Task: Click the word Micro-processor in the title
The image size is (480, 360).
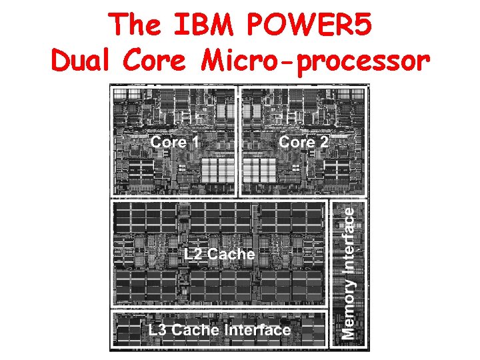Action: coord(313,61)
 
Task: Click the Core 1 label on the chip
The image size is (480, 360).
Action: coord(175,142)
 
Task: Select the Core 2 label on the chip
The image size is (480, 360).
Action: coord(303,142)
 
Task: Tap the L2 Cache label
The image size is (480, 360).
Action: coord(219,254)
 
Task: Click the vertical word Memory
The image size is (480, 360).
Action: coord(348,307)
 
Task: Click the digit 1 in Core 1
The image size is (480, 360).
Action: coord(195,142)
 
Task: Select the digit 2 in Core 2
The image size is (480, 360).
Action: coord(323,142)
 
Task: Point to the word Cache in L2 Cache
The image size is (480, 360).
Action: coord(231,254)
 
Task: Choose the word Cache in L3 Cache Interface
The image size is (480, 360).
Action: coord(198,330)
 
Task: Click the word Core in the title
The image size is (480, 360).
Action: coord(159,61)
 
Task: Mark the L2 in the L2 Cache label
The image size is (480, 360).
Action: coord(194,254)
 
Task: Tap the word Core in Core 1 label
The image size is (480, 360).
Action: coord(167,142)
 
